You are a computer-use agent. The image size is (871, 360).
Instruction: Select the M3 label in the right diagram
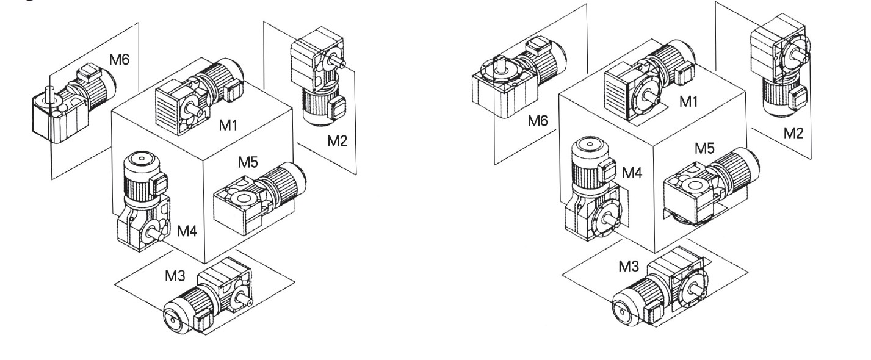pyautogui.click(x=629, y=267)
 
